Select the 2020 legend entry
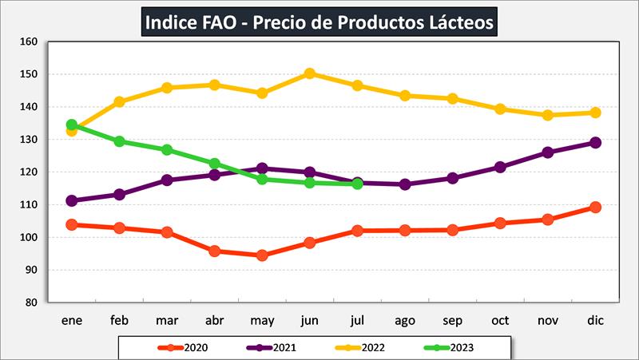point(184,347)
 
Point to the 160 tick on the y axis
point(30,42)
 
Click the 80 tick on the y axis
point(32,303)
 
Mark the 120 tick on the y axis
point(30,172)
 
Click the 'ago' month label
point(405,321)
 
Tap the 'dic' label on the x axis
point(595,321)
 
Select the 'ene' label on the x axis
point(72,321)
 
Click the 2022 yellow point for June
point(310,73)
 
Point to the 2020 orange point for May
point(262,255)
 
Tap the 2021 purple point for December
point(595,143)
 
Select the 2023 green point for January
point(72,125)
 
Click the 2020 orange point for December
point(595,208)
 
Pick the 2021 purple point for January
point(72,200)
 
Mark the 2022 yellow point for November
point(547,115)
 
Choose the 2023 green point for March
point(167,149)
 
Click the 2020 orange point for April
point(215,251)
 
